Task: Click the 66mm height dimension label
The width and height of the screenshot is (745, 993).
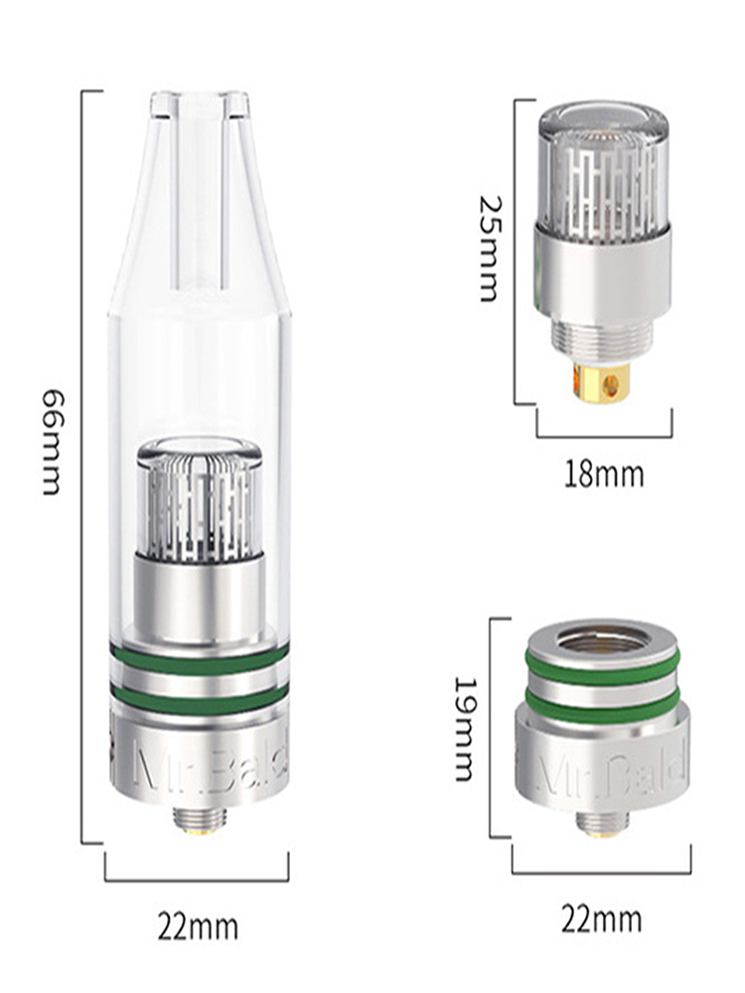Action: [52, 442]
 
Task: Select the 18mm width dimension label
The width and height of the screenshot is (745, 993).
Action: [604, 475]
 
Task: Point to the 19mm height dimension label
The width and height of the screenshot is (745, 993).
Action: [465, 729]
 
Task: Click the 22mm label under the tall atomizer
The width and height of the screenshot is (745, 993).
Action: [199, 927]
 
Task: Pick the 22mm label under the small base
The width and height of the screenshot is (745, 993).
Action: [601, 920]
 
